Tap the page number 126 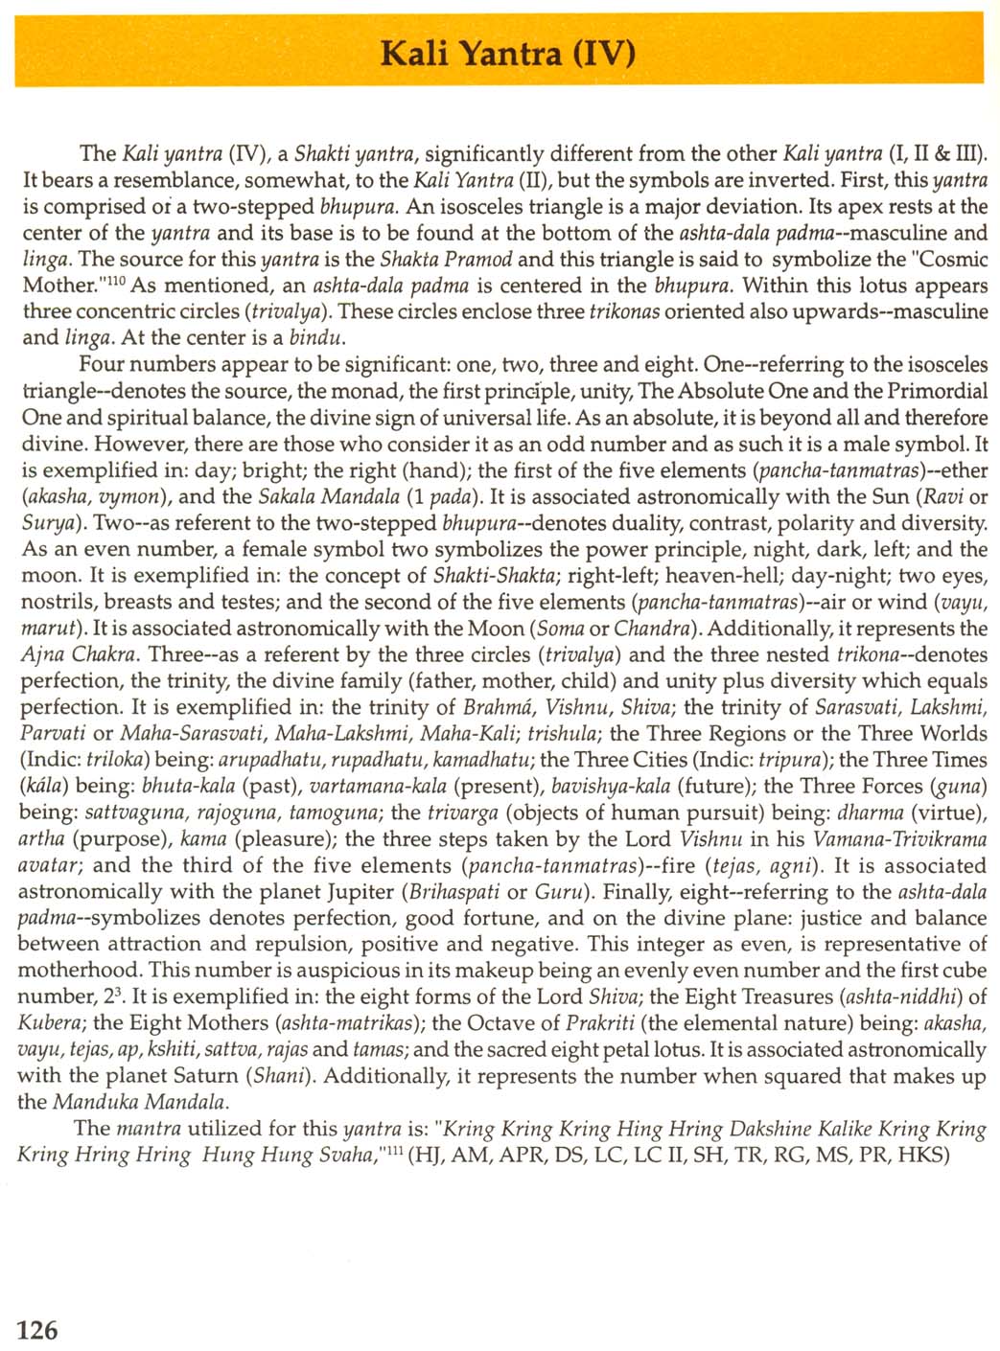coord(37,1329)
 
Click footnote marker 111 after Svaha coord(390,1148)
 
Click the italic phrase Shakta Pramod coord(446,259)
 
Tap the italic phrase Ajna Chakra coord(81,654)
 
